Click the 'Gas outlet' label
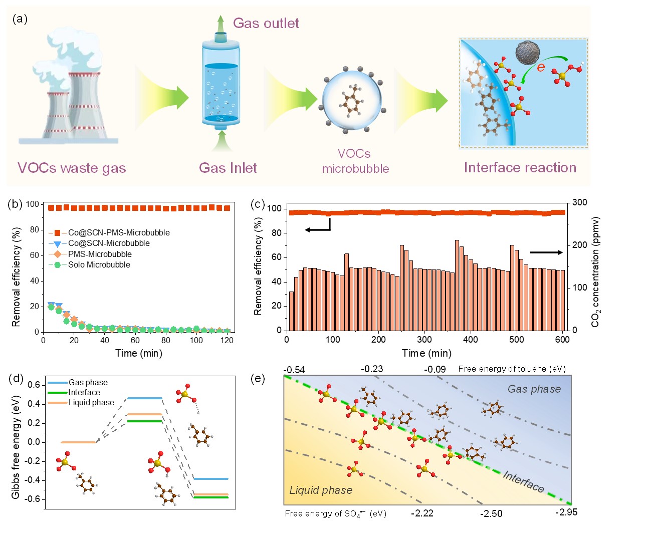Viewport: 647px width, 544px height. click(x=266, y=23)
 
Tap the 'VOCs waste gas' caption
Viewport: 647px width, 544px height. click(x=72, y=168)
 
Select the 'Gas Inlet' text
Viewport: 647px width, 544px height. click(x=228, y=168)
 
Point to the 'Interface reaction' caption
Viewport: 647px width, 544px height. click(x=520, y=167)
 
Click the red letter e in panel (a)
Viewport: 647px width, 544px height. click(x=541, y=67)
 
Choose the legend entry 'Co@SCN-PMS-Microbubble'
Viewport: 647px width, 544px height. click(x=119, y=232)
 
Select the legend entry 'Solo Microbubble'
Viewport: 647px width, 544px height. click(x=99, y=264)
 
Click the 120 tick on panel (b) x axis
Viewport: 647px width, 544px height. click(x=227, y=341)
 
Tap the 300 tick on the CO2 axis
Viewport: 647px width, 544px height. click(x=579, y=202)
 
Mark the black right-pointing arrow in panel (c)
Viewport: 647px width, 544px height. click(x=546, y=252)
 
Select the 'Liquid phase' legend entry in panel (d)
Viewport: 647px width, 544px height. click(x=91, y=403)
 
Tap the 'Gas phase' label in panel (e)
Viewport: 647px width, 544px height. click(x=534, y=389)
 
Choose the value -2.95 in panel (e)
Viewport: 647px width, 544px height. click(x=566, y=512)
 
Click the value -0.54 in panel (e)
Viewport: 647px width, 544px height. click(x=294, y=370)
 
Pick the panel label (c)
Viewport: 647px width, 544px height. click(x=257, y=204)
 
